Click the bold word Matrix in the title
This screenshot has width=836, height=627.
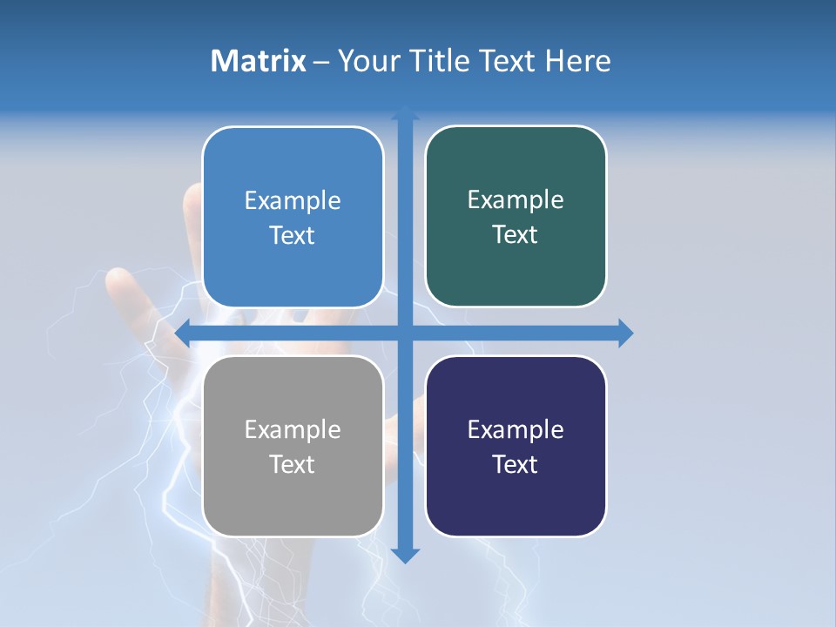coord(258,61)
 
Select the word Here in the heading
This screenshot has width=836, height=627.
coord(577,61)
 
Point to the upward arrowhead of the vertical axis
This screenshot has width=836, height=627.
coord(405,113)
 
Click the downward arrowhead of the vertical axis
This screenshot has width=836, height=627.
coord(405,555)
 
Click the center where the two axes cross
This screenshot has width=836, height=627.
coord(405,333)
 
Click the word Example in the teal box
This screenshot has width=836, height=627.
coord(516,199)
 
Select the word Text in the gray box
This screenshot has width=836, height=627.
coord(292,464)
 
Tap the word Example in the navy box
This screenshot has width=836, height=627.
coord(516,429)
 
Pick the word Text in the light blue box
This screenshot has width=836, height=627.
coord(292,235)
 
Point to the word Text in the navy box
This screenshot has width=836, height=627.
coord(516,464)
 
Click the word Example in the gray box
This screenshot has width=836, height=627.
coord(293,429)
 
